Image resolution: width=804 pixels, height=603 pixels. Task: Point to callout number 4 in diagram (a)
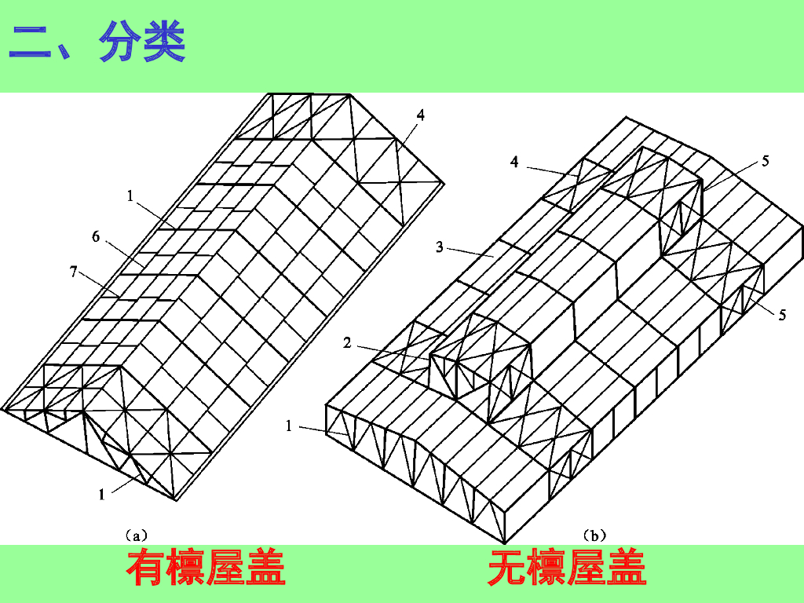421,115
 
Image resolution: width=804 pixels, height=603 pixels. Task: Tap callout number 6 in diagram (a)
96,236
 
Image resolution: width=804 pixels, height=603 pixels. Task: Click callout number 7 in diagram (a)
73,272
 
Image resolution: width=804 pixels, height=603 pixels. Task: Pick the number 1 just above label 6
130,196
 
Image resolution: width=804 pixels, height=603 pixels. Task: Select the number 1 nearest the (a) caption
101,494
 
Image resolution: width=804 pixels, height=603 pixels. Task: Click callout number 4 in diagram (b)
514,162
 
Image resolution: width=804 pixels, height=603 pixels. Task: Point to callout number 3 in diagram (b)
440,247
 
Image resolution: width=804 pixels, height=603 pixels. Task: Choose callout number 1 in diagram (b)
289,426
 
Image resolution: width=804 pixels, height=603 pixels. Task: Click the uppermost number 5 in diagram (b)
765,162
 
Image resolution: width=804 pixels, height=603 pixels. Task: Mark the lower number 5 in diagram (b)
782,315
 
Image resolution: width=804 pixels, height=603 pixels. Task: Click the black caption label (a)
136,536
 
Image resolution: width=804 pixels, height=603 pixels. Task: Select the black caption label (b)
594,536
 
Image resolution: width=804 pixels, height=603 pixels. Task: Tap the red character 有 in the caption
146,568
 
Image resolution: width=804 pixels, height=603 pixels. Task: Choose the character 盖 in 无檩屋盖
627,568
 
